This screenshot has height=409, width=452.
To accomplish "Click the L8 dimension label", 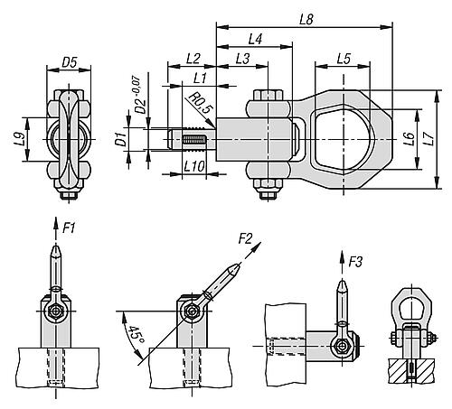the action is pyautogui.click(x=306, y=20).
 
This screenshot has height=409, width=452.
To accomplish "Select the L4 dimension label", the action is pyautogui.click(x=255, y=39).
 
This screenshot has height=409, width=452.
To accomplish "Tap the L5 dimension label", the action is pyautogui.click(x=344, y=59).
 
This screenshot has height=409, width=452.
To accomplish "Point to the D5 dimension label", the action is pyautogui.click(x=70, y=62).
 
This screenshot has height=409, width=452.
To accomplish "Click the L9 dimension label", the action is pyautogui.click(x=19, y=140).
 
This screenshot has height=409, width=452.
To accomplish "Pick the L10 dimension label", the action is pyautogui.click(x=194, y=166).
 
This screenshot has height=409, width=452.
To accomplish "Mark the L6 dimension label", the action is pyautogui.click(x=409, y=139).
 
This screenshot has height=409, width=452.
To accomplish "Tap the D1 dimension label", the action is pyautogui.click(x=121, y=139).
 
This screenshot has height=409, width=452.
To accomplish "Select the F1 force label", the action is pyautogui.click(x=69, y=228).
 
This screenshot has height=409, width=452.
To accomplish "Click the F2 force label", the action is pyautogui.click(x=245, y=239).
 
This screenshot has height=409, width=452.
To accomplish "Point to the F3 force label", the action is pyautogui.click(x=355, y=262).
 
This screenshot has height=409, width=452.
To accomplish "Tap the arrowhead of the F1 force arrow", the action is pyautogui.click(x=56, y=221).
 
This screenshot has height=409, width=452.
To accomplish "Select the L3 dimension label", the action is pyautogui.click(x=242, y=59).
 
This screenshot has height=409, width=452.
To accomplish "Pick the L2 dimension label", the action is pyautogui.click(x=193, y=59).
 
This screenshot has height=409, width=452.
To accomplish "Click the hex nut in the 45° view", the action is pyautogui.click(x=192, y=312).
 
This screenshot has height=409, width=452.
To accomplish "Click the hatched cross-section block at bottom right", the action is pyautogui.click(x=411, y=371).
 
